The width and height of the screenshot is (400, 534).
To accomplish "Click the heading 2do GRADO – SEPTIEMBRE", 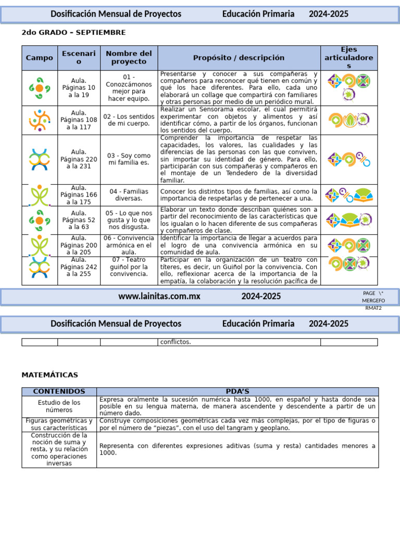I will point(73,33).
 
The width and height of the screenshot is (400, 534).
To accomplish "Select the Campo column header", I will point(40,58).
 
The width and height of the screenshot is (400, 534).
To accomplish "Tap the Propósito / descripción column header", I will point(239,58).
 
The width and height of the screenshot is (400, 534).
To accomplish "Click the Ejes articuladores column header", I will point(348,58).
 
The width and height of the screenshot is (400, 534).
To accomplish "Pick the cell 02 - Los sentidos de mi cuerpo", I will point(129,120).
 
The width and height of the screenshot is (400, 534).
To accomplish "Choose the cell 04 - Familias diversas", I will point(129,195).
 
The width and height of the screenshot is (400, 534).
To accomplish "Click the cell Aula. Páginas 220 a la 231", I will point(79,159).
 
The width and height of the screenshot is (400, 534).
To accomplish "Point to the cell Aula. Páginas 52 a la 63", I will point(79,220).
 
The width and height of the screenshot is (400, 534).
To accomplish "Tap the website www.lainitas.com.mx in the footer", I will point(159,296).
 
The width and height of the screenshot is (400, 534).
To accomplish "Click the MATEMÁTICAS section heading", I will point(49,375).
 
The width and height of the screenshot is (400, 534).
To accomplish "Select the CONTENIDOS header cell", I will point(59,392).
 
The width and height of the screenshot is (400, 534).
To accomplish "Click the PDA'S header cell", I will point(238,392).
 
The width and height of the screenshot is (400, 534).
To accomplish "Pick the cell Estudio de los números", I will point(59,406).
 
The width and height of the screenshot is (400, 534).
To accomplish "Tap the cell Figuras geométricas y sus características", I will point(59,424).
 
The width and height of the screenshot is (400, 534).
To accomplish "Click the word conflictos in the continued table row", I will point(176,342).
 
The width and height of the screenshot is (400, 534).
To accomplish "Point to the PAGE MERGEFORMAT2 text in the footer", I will point(373,300).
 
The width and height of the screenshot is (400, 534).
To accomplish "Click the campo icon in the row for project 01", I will point(39,88).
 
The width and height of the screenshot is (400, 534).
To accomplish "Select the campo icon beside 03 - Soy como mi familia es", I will point(39,159).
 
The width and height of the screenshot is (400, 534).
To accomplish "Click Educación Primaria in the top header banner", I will point(258,14).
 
